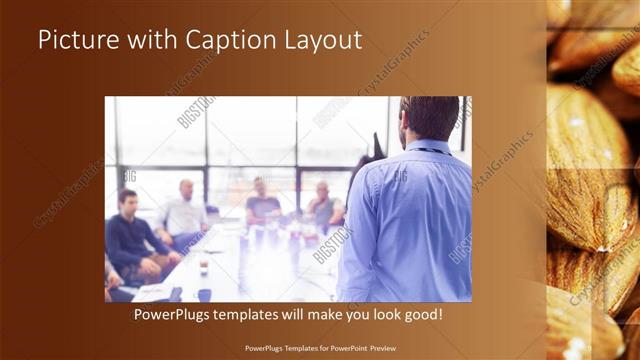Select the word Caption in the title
pyautogui.click(x=230, y=41)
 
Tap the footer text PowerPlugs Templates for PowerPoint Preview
pyautogui.click(x=320, y=348)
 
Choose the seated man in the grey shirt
pyautogui.click(x=323, y=205)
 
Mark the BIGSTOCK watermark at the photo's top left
pyautogui.click(x=195, y=111)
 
